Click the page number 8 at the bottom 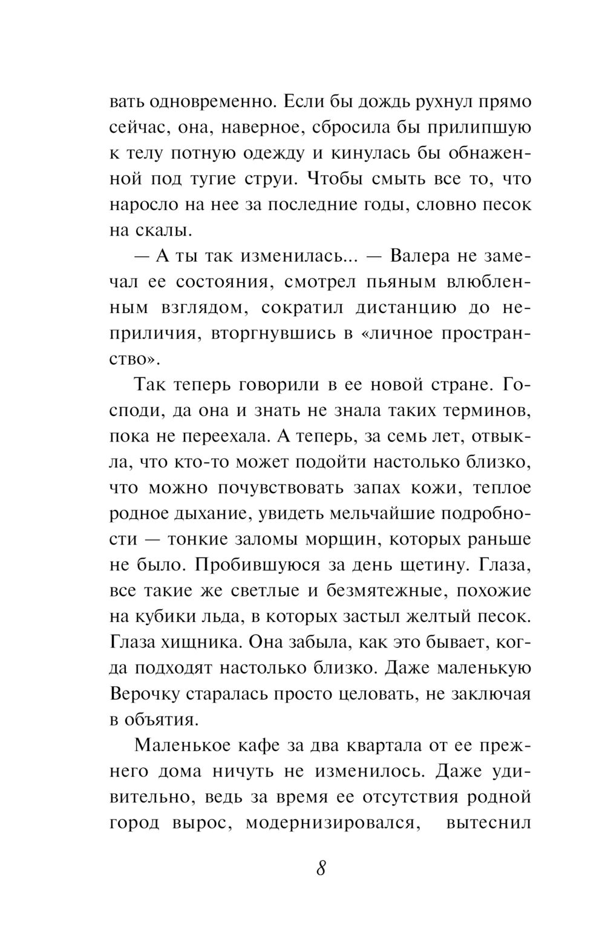click(321, 868)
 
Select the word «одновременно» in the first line click(206, 101)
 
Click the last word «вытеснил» click(488, 823)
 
